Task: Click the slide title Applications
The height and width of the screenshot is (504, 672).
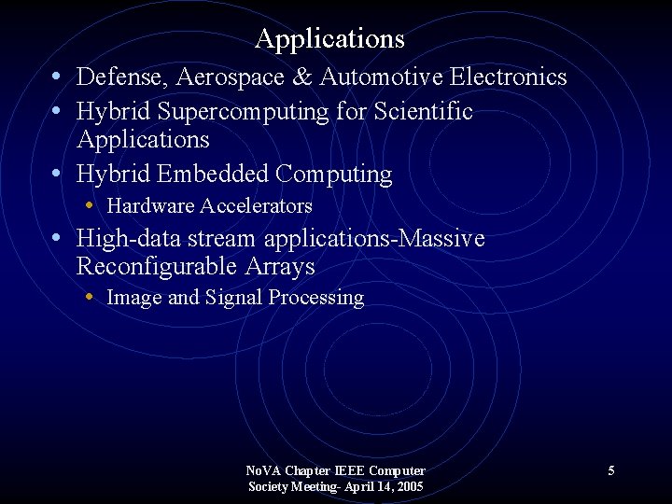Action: coord(329,39)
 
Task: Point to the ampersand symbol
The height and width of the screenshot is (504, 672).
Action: coord(303,77)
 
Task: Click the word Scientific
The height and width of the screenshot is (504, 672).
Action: coord(423,112)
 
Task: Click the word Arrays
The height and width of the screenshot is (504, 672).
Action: coord(279,267)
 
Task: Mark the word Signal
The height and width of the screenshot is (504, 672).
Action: coord(234,298)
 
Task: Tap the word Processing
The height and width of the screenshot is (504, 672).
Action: coord(316,298)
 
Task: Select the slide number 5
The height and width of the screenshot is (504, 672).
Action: coord(611,470)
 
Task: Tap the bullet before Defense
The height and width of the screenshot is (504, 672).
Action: coord(58,76)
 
